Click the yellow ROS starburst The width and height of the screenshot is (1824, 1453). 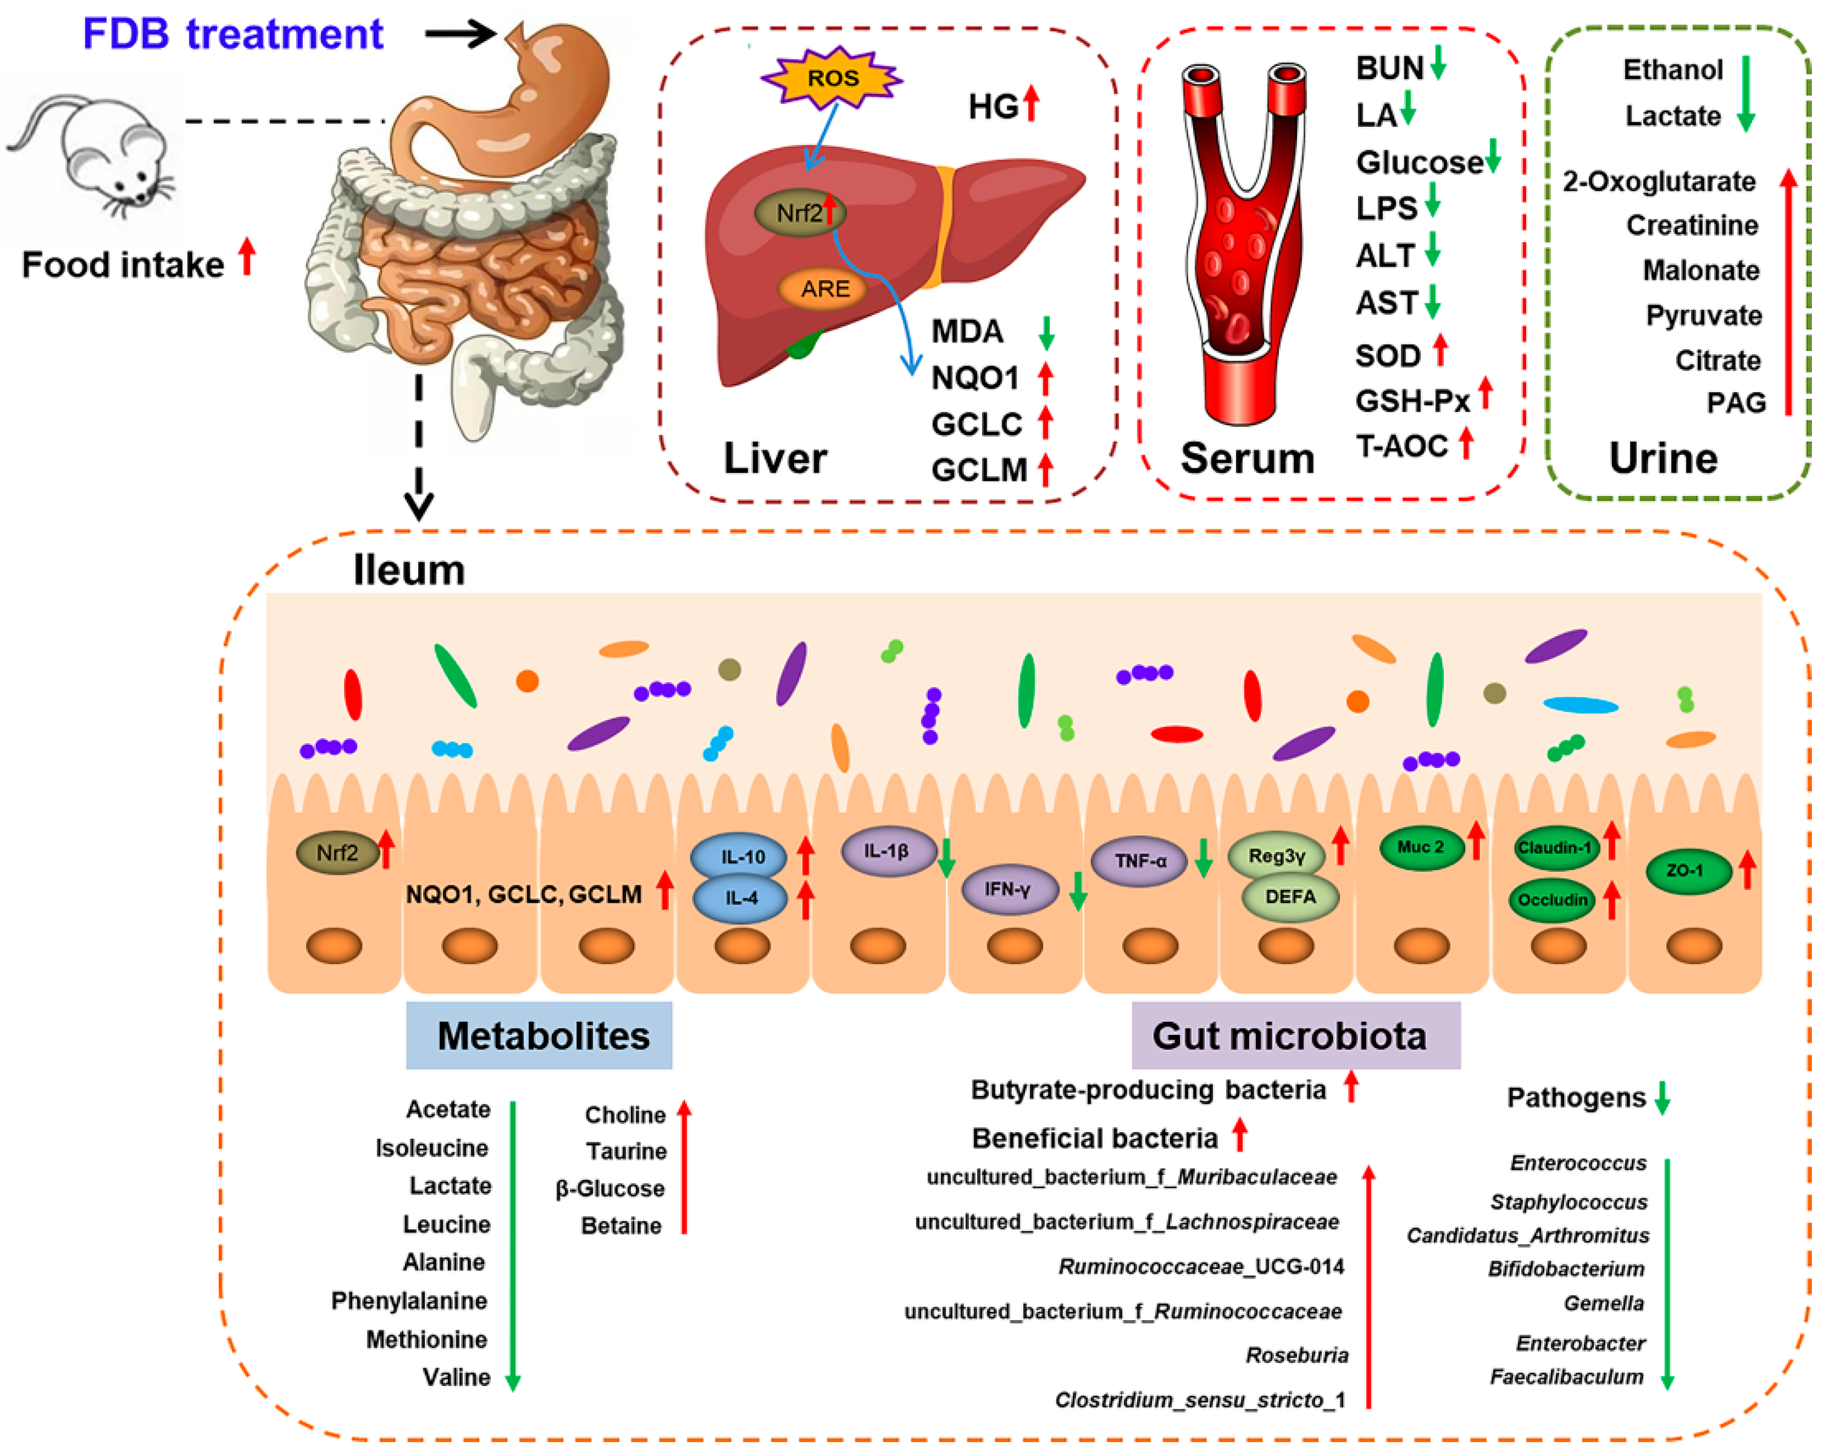[832, 78]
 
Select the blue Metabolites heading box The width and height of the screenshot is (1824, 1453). [539, 1035]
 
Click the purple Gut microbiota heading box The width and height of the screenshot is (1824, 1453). [1295, 1035]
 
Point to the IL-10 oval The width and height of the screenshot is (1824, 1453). [739, 857]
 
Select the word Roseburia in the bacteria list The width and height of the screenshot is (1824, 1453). [1296, 1356]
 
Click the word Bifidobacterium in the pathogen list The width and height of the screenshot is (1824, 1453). [1566, 1269]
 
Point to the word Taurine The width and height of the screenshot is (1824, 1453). [626, 1151]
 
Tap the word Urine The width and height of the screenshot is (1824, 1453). [1663, 459]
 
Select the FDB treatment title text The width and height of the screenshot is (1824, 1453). [233, 34]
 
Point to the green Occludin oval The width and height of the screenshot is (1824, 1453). [1551, 900]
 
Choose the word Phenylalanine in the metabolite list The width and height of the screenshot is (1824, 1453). [409, 1301]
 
